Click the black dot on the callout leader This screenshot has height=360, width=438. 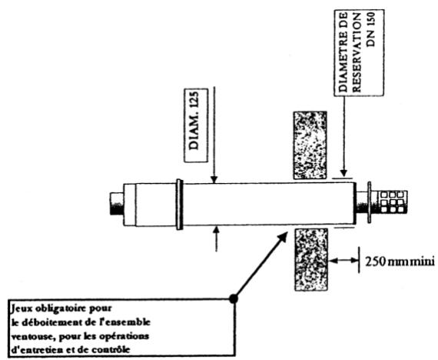[x=235, y=295]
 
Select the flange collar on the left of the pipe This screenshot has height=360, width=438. [x=179, y=204]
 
